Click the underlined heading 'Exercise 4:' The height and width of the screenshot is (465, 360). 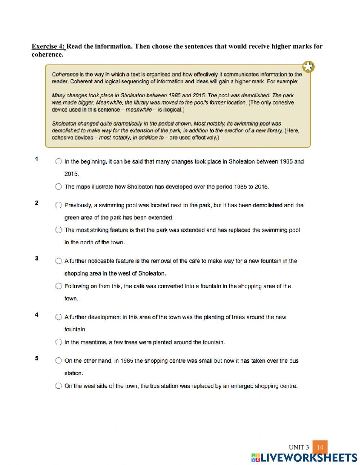49,46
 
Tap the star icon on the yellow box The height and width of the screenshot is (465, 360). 309,67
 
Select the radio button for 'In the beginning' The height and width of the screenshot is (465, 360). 59,161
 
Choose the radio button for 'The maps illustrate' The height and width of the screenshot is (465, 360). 59,187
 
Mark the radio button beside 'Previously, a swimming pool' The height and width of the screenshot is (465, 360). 59,205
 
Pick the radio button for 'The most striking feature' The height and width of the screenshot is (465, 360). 59,230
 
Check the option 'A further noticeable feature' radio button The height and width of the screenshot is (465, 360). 59,261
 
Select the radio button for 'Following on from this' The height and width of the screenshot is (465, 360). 59,286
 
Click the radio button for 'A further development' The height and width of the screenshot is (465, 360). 59,317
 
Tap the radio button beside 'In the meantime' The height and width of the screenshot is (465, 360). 59,342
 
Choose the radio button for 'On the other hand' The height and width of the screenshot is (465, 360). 59,361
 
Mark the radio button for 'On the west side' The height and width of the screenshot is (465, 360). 59,386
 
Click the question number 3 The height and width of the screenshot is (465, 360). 37,259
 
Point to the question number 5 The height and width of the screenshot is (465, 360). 37,358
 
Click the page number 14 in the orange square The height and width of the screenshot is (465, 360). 320,447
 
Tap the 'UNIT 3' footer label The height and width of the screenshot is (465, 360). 299,448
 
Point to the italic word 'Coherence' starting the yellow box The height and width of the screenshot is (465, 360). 65,75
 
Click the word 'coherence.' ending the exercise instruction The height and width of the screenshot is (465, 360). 48,55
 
